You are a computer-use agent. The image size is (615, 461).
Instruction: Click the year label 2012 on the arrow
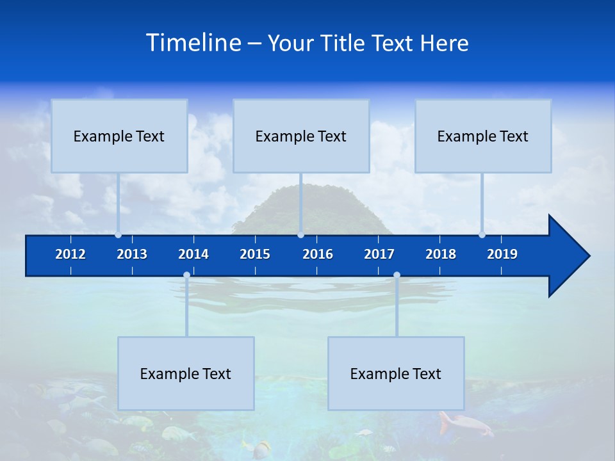(70, 254)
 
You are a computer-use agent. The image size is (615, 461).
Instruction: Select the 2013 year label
(132, 254)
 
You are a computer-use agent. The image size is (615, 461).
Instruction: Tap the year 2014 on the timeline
(193, 254)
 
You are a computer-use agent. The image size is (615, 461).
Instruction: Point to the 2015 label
(255, 254)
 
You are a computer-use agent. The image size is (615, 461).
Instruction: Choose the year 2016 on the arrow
(318, 254)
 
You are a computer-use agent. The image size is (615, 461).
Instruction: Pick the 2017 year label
(379, 254)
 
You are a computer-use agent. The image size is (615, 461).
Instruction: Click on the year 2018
(441, 254)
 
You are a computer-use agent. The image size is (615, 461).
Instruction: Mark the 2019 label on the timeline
(502, 254)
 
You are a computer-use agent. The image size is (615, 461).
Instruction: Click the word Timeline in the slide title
(194, 43)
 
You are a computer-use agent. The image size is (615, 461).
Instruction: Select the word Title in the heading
(344, 44)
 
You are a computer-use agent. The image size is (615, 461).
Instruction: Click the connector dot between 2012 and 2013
(118, 235)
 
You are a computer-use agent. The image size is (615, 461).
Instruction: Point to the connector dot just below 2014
(186, 275)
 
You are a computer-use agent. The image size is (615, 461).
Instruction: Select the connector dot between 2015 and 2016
(300, 235)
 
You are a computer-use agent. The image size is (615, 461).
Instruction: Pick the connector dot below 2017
(397, 275)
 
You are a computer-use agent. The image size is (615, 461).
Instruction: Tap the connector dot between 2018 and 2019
(482, 235)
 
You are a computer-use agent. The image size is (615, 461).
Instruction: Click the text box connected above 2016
(301, 136)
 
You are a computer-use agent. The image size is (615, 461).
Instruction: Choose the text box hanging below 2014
(186, 373)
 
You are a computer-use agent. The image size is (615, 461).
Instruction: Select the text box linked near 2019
(483, 136)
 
